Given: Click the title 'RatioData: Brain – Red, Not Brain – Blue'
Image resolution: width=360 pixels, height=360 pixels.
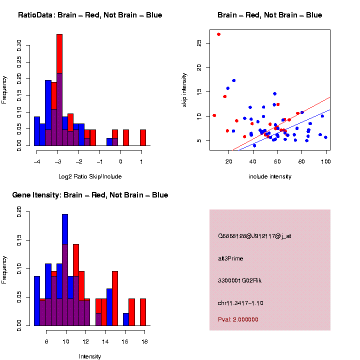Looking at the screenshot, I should (90, 15).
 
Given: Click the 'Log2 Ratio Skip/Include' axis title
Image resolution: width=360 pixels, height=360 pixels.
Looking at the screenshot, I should (90, 176).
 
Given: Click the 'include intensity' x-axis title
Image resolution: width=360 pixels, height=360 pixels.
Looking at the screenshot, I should (270, 176).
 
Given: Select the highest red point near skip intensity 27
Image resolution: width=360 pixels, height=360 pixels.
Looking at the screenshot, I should (218, 34).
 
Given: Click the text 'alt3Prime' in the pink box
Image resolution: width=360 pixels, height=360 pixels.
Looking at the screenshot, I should (231, 258).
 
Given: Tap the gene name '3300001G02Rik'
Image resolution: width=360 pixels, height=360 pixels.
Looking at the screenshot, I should (239, 280).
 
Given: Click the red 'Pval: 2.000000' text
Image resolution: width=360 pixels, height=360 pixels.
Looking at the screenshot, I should (238, 319).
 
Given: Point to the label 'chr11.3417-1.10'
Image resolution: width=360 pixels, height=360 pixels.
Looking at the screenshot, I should (240, 303).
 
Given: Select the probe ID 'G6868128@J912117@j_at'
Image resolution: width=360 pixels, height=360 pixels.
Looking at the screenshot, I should (254, 236).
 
